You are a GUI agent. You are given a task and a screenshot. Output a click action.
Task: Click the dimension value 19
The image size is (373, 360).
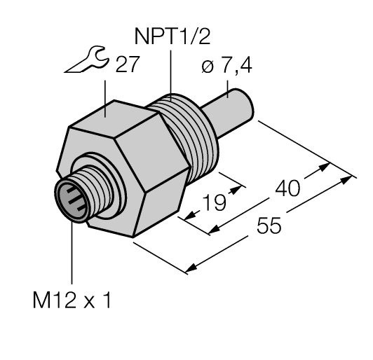(214, 203)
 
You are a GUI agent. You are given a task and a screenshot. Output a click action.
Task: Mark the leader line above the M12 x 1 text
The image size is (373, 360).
(73, 252)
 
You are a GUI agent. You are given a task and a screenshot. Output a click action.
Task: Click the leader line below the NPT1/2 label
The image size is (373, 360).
(170, 74)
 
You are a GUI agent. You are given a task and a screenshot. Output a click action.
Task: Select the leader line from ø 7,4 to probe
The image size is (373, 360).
(229, 87)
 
